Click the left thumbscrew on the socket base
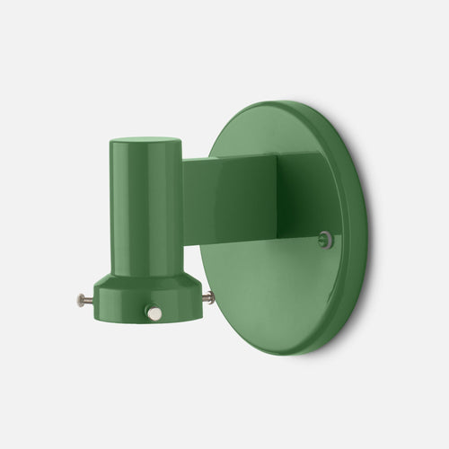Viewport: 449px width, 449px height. click(83, 301)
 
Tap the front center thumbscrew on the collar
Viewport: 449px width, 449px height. click(154, 313)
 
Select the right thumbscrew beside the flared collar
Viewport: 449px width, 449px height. click(208, 297)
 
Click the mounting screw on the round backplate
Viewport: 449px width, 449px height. click(326, 239)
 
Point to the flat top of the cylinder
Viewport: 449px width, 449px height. click(145, 141)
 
